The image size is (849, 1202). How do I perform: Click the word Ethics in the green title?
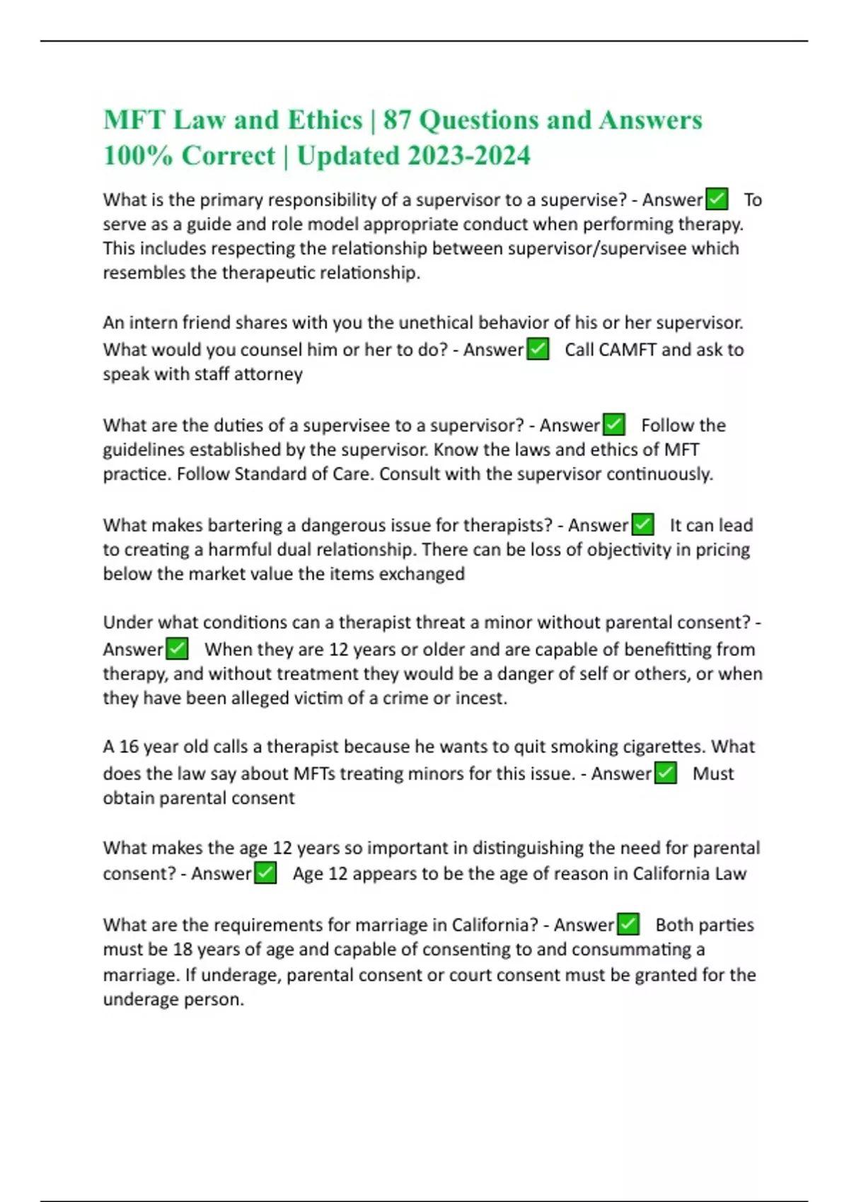(325, 120)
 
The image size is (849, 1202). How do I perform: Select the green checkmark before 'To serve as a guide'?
(717, 199)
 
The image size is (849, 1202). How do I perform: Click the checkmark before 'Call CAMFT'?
(538, 349)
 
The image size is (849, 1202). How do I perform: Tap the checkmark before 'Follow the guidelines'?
(613, 425)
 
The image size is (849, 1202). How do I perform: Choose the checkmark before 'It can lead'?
(642, 525)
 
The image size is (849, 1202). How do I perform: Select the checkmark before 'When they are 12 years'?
(176, 649)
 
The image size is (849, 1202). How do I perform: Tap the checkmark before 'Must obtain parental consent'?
(665, 774)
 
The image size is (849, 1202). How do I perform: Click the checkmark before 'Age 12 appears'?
(265, 873)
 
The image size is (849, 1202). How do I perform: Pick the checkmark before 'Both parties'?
(628, 925)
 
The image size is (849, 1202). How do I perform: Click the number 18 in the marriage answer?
(183, 950)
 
